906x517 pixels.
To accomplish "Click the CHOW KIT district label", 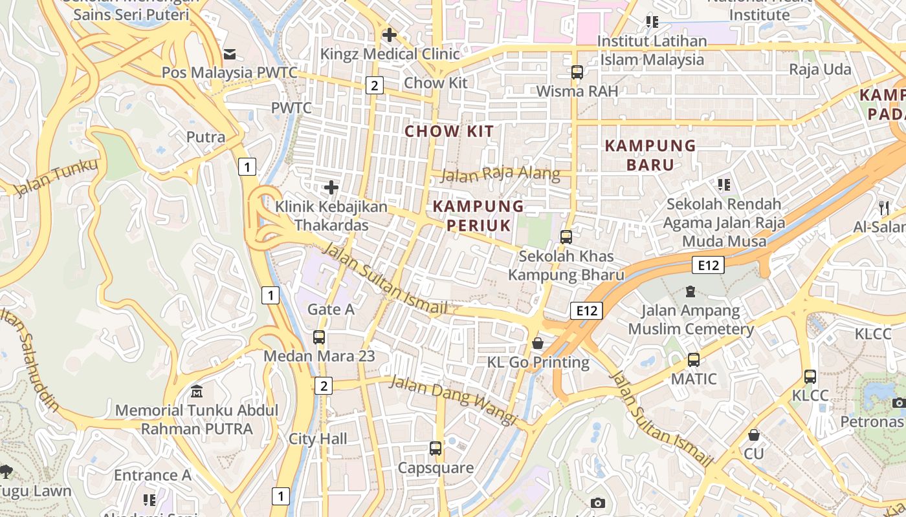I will point(449,131).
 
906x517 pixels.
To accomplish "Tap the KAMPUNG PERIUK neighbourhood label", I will point(478,215).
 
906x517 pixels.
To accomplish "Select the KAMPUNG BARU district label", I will point(650,155).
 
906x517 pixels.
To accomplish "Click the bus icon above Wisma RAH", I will point(577,72).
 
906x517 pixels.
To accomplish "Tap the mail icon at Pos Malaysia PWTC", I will point(230,54).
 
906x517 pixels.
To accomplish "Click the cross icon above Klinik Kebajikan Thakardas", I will point(331,188).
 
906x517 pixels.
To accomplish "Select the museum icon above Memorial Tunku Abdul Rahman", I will point(197,392).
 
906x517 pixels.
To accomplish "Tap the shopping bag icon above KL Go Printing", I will point(538,343).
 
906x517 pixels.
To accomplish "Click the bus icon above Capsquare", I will point(436,448).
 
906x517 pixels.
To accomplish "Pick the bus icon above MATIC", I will point(694,360).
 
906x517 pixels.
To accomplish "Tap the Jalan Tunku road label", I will point(57,177).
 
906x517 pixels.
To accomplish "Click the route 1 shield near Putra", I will point(247,167).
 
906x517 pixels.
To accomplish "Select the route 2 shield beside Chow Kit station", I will point(374,85).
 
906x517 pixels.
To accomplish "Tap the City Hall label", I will point(318,439).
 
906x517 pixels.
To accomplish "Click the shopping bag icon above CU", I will point(753,435).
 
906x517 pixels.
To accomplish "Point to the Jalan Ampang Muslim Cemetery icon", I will point(691,291).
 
